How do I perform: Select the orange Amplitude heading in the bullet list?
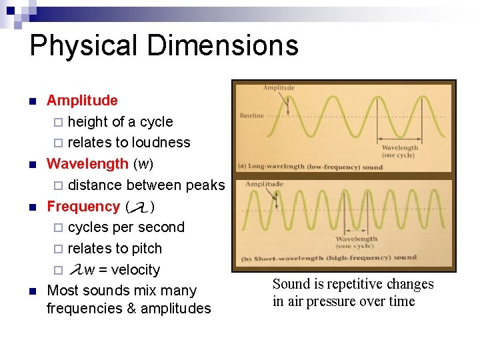click(x=82, y=101)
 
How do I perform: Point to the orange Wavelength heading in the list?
click(x=87, y=164)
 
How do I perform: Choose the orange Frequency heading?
click(x=83, y=207)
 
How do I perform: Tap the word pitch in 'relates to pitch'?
click(x=147, y=249)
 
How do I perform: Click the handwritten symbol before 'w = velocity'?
click(x=76, y=269)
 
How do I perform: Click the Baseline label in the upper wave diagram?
click(x=251, y=115)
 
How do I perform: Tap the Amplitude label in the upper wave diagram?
click(x=279, y=88)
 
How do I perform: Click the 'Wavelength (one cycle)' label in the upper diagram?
click(x=401, y=151)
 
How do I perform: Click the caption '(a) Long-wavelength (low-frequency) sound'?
click(x=310, y=167)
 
